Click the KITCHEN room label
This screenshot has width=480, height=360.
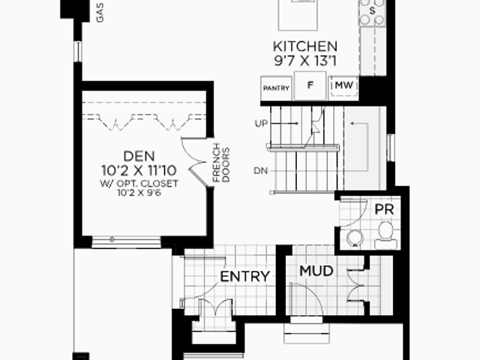pos(305,46)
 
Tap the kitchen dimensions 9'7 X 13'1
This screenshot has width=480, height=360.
pos(305,61)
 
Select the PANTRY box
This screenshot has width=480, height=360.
pos(276,88)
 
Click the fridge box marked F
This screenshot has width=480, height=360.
pos(310,85)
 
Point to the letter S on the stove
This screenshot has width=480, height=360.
pos(372,11)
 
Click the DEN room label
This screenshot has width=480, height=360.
pos(139,157)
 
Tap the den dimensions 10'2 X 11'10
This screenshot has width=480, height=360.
pos(139,170)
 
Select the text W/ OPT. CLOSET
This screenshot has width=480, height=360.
pos(139,184)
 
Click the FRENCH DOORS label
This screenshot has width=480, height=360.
pos(221,163)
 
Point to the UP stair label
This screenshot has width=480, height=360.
pos(261,123)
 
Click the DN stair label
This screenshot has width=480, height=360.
pos(261,171)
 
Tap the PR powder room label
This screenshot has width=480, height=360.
pos(384,210)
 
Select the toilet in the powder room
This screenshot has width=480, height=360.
pos(385,235)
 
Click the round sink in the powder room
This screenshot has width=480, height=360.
pos(355,238)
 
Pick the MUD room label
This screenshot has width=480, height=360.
pos(316,271)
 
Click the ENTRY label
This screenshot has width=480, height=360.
pos(245,277)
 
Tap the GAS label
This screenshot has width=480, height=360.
pos(100,13)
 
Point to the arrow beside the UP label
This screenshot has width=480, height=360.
pos(285,123)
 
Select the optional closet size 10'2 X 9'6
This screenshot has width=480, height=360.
pos(139,193)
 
